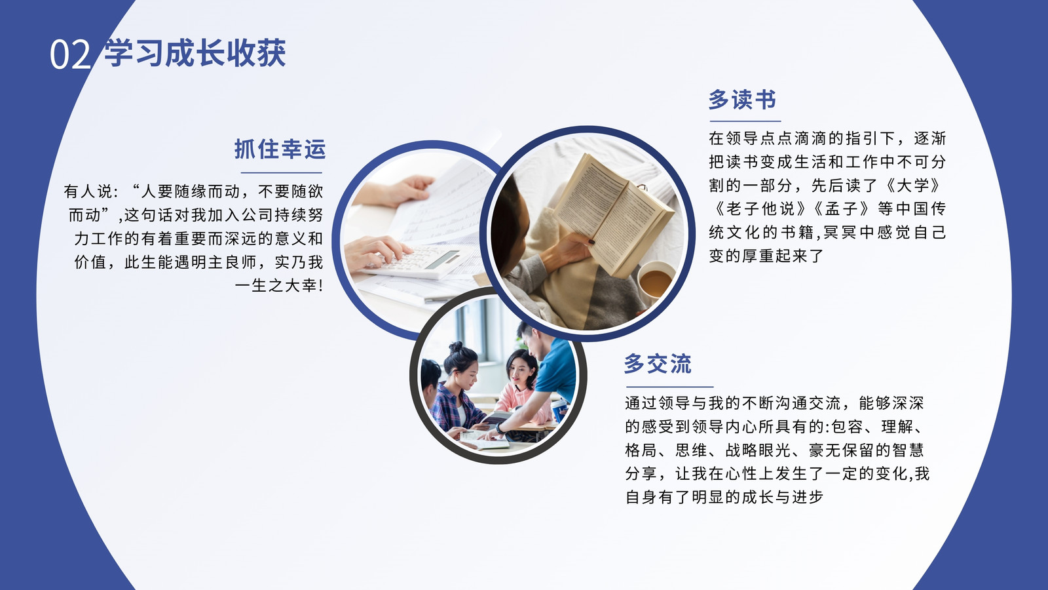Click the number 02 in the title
point(70,54)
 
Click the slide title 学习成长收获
point(195,52)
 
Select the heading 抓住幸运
point(280,149)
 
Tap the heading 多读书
point(742,100)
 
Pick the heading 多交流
point(658,364)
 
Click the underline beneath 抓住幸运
point(282,173)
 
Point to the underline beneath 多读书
point(745,121)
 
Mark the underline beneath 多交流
point(669,387)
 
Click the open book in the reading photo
point(613,213)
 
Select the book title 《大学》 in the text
point(913,186)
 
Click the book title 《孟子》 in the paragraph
point(842,209)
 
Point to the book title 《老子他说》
point(760,209)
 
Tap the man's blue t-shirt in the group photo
point(557,369)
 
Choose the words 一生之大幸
point(276,286)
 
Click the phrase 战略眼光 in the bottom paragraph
point(757,450)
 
